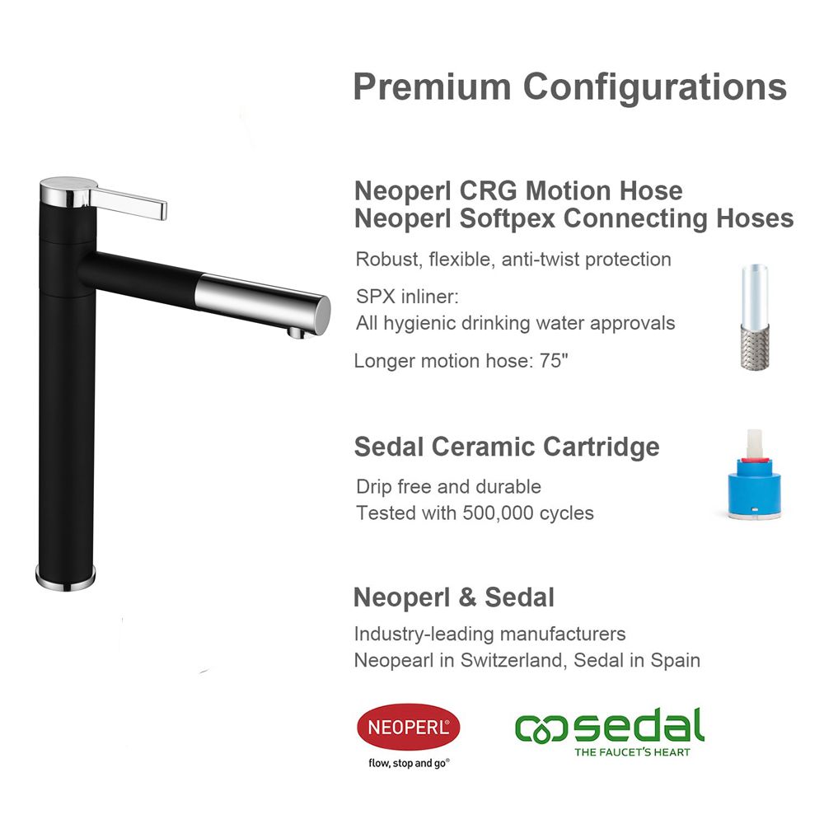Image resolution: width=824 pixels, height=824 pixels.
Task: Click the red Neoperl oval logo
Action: coord(409,728)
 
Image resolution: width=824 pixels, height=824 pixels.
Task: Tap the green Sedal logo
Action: coord(610,732)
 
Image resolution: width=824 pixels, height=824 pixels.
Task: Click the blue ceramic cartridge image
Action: coord(754,475)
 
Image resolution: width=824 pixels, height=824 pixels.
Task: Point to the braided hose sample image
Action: coord(755,317)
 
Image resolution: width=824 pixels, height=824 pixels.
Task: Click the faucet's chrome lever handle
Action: coord(129,203)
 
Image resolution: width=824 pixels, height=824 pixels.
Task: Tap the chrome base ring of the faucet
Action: coord(66,578)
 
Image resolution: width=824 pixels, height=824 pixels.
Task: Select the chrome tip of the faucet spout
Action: coord(263,304)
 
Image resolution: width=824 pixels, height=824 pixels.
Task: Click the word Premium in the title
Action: coord(432,87)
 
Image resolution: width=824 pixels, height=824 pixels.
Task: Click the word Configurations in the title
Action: coord(655,88)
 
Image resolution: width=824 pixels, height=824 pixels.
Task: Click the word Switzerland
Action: coord(513,661)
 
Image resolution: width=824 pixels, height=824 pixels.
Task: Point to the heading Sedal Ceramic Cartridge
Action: coord(507,447)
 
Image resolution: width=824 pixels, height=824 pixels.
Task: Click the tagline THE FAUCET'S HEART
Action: coord(632,752)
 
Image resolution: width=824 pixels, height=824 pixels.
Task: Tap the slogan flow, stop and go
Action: coord(409,763)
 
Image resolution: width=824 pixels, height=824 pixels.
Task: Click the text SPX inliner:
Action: coord(407,297)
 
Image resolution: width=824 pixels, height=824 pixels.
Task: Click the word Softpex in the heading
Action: coord(507,219)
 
